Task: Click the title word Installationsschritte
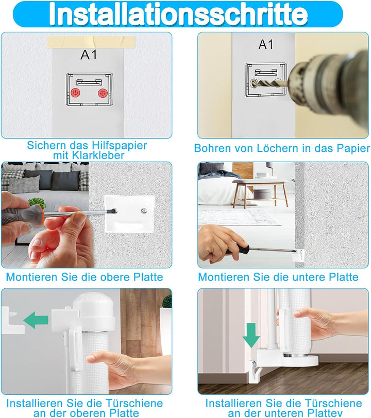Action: click(178, 14)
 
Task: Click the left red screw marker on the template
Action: click(76, 93)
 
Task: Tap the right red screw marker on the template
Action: click(103, 93)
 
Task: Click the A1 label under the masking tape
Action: click(89, 55)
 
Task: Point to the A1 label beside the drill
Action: click(266, 44)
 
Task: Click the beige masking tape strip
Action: click(91, 42)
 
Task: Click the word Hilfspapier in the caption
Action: click(120, 146)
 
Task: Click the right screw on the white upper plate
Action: click(144, 211)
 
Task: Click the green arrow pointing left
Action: click(36, 320)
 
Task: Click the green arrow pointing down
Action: click(251, 335)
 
